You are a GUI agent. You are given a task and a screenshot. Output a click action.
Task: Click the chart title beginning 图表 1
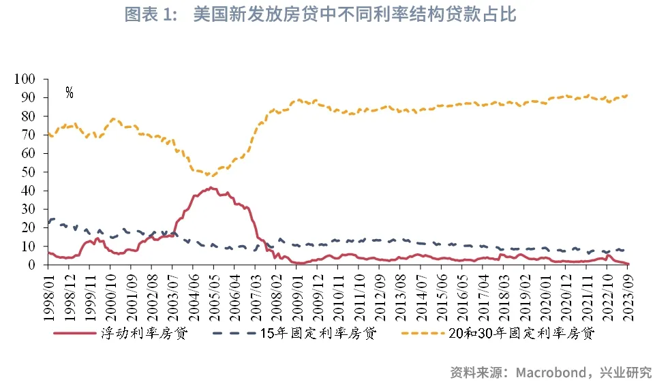(x=327, y=15)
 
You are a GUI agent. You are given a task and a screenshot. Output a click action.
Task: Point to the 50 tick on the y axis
(x=36, y=172)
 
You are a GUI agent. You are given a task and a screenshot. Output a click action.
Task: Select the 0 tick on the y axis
(x=39, y=266)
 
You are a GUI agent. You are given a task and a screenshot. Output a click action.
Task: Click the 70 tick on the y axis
(x=36, y=136)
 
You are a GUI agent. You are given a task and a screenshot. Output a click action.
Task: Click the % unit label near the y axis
(x=69, y=93)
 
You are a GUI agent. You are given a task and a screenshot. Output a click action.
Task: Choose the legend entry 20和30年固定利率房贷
(x=522, y=334)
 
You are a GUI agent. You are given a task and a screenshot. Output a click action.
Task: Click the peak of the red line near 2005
(x=211, y=188)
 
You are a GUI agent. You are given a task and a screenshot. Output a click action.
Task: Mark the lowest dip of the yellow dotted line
(x=208, y=176)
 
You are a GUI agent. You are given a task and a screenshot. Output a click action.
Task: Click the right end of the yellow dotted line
(x=627, y=95)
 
